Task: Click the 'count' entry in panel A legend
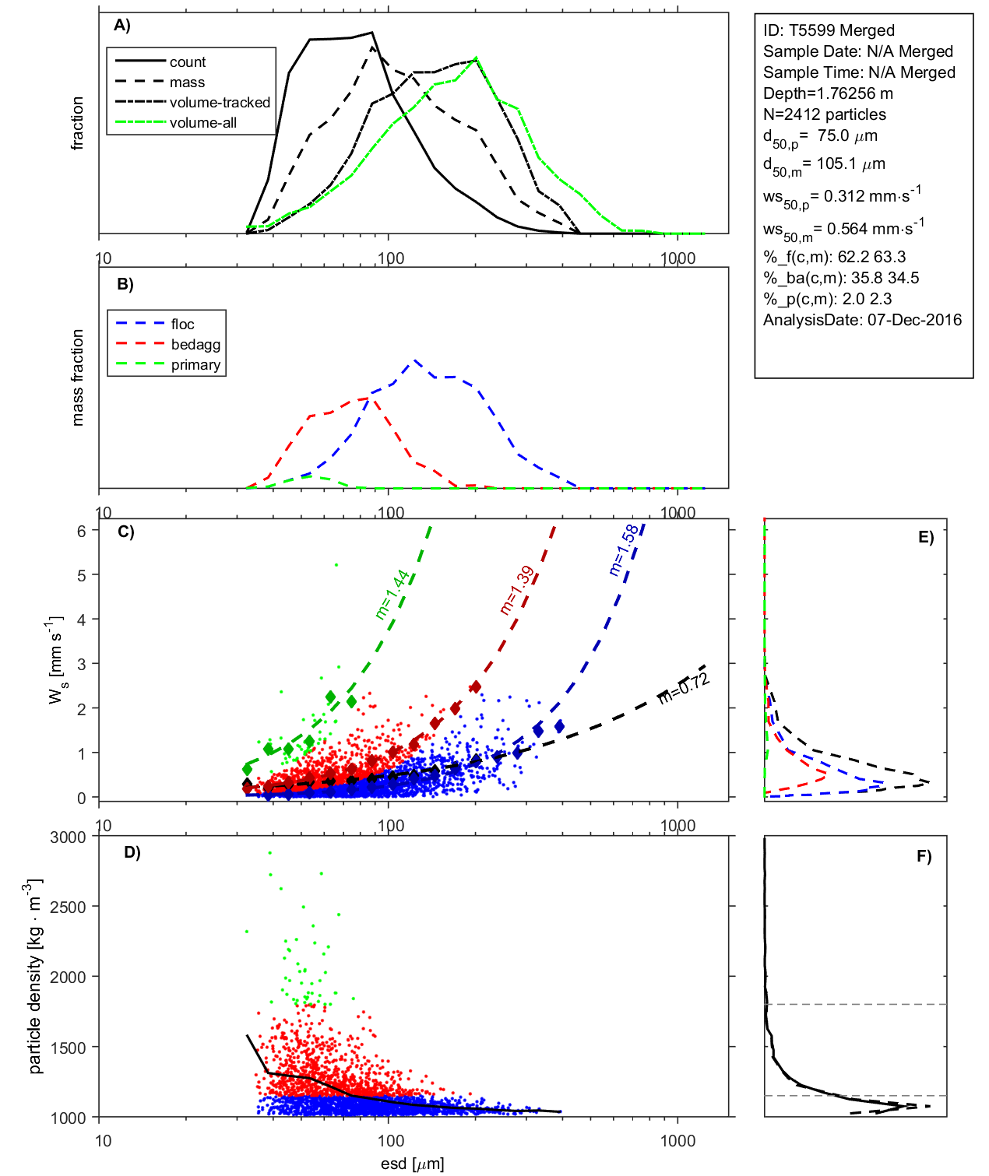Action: pos(188,62)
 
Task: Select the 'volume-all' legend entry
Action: pos(203,123)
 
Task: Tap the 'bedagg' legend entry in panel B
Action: pos(195,345)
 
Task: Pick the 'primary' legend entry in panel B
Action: pos(195,365)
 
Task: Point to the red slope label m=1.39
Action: pos(516,591)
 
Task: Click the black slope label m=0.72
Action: pos(684,688)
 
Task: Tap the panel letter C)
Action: pos(126,532)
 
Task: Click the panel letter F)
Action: pos(924,857)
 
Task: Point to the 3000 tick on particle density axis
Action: pos(68,837)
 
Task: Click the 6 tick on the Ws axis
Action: pos(81,531)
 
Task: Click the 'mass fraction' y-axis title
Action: pos(77,377)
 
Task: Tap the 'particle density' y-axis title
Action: pos(35,977)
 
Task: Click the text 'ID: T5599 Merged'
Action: pos(829,30)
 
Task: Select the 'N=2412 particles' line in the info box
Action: pos(824,114)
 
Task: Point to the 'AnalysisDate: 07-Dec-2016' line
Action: pos(862,320)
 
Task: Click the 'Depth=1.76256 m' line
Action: pos(828,93)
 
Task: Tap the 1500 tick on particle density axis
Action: pos(68,1048)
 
